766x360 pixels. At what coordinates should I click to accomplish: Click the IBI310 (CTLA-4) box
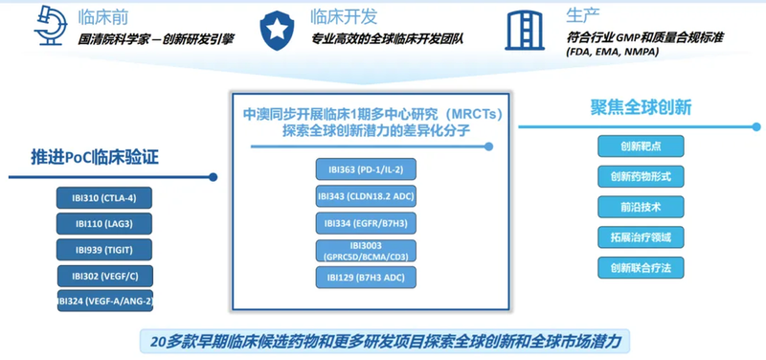coord(102,199)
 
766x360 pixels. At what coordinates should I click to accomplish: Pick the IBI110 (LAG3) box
coord(102,225)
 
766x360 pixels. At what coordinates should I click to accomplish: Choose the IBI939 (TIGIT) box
coord(102,250)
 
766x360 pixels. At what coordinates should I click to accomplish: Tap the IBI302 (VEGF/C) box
coord(102,276)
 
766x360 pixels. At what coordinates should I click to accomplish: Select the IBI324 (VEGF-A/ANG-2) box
coord(102,302)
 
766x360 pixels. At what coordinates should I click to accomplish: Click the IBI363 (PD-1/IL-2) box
coord(369,170)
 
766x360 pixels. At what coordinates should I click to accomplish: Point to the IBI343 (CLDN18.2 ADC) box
coord(369,197)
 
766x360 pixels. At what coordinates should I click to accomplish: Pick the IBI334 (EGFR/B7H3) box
coord(369,224)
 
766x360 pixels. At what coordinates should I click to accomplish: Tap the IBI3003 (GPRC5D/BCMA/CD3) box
coord(369,251)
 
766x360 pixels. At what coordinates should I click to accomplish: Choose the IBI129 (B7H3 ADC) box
coord(369,279)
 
